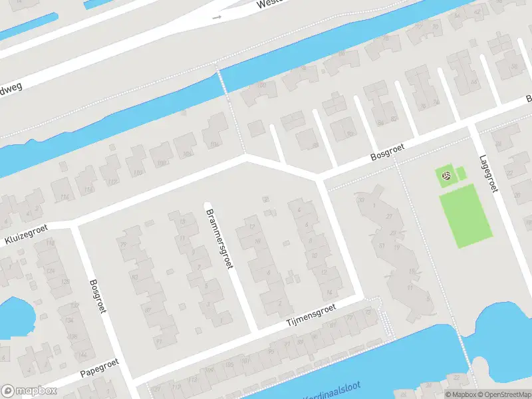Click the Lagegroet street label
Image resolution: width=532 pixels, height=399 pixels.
pyautogui.click(x=488, y=174)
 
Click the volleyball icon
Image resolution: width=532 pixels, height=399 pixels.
pyautogui.click(x=447, y=176)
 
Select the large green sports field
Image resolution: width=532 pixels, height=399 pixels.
pyautogui.click(x=466, y=215)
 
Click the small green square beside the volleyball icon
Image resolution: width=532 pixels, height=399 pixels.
pyautogui.click(x=461, y=174)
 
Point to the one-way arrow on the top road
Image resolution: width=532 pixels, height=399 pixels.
pyautogui.click(x=216, y=17)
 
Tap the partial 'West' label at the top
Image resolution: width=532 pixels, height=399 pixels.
pyautogui.click(x=271, y=4)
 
